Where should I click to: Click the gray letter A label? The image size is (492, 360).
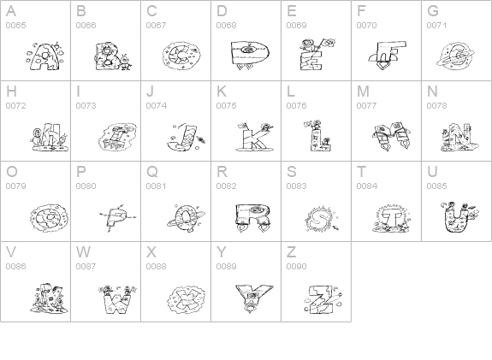click(11, 11)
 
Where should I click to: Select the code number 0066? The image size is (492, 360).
click(86, 26)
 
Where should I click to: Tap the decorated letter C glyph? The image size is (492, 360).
click(181, 56)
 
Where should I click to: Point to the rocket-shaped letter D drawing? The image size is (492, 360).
click(250, 55)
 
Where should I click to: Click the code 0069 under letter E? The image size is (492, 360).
click(297, 26)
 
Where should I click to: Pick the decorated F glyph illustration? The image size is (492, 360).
click(388, 56)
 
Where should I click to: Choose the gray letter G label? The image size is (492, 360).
click(433, 11)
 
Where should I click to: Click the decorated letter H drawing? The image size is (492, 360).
click(50, 138)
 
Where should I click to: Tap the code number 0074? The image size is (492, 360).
click(157, 106)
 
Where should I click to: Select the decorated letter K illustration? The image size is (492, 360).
click(254, 137)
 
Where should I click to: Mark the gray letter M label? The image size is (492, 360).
click(363, 91)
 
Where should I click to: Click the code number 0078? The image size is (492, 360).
click(436, 106)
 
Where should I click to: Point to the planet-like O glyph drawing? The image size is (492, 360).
click(50, 218)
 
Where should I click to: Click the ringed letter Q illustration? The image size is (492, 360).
click(187, 218)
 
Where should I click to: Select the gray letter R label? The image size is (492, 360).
click(222, 172)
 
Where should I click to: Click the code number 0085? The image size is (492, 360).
click(436, 186)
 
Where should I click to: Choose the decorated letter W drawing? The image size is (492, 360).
click(117, 299)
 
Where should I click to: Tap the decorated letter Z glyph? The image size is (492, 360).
click(323, 299)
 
